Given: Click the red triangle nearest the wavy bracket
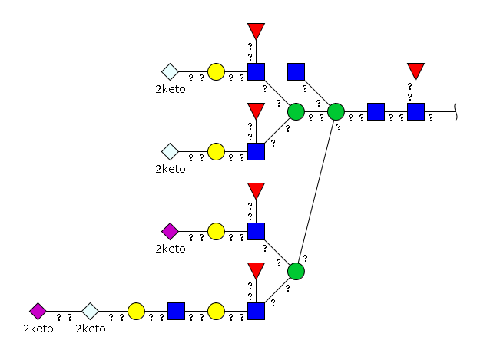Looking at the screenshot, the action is tap(416, 70).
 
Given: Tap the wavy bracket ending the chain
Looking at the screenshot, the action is tap(456, 112).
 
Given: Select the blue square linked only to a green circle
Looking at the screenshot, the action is tap(296, 71).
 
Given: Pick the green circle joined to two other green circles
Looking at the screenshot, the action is tap(336, 112).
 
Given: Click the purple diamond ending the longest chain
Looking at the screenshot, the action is tap(38, 312).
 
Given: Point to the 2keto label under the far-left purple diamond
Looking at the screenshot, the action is tap(38, 329).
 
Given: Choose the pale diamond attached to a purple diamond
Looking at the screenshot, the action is tap(91, 312).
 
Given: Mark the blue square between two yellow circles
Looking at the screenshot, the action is tap(176, 312).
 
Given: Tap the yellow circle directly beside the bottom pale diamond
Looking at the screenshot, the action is tap(136, 312).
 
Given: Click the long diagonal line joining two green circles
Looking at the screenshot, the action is tap(316, 191).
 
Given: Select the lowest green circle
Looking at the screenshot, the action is tap(296, 271).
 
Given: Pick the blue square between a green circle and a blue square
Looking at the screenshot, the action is tap(376, 112).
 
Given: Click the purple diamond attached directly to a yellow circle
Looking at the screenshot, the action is tap(171, 231).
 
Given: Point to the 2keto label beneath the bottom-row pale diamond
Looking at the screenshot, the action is tap(91, 329).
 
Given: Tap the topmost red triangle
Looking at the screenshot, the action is tap(257, 30).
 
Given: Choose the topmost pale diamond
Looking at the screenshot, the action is tap(171, 71).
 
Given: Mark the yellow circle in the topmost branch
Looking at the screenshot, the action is tap(216, 71).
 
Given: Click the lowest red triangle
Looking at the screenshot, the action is tap(257, 269).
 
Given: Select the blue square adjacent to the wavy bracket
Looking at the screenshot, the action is tap(416, 112).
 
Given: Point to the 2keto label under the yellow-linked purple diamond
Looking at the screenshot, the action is tap(171, 249).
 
